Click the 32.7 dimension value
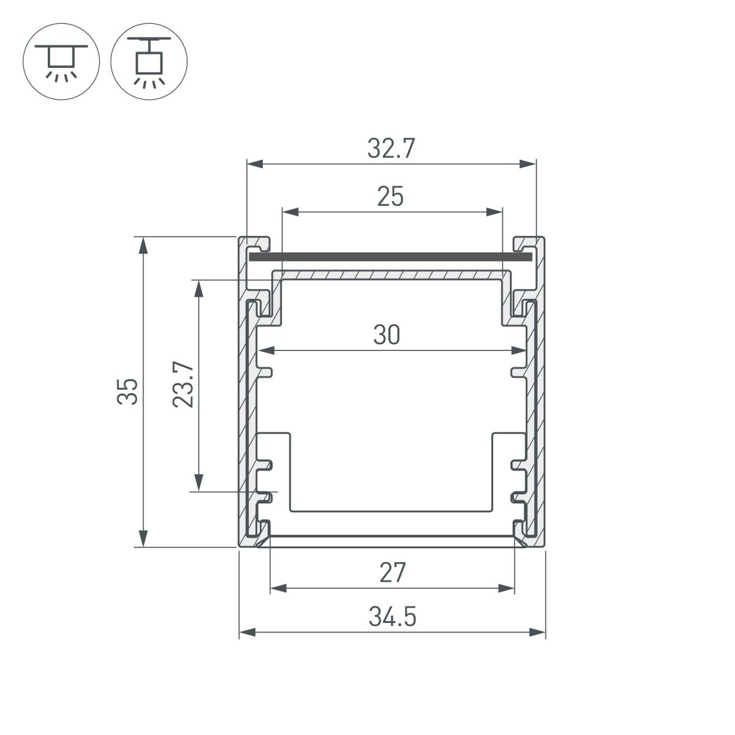click(391, 149)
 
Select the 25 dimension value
click(391, 197)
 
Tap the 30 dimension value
click(386, 336)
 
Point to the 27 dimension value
click(392, 574)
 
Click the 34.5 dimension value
click(392, 617)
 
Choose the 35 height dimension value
click(128, 392)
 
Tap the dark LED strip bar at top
click(390, 257)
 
